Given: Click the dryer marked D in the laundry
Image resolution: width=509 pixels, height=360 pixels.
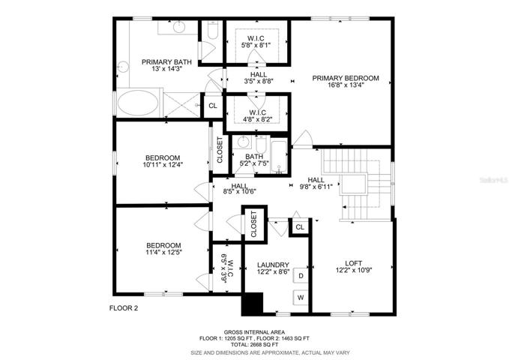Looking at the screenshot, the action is (x=301, y=276).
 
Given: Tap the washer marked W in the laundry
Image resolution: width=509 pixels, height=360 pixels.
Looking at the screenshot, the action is (x=301, y=298).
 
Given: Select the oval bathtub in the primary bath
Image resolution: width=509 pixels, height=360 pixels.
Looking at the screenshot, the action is (x=138, y=102).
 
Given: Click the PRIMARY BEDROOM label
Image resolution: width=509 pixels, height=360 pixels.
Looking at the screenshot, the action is (x=346, y=78).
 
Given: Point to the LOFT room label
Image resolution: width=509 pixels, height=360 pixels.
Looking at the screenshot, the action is (x=354, y=263).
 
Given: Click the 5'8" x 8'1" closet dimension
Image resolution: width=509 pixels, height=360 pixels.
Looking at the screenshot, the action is (x=256, y=45).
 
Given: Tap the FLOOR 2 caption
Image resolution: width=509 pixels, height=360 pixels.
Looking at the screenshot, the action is (x=124, y=308).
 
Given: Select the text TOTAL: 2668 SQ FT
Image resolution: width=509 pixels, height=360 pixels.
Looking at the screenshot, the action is (x=254, y=344).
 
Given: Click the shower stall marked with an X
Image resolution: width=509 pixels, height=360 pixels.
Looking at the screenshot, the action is (x=181, y=104).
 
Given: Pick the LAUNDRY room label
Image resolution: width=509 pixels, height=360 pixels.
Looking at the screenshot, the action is (x=273, y=265).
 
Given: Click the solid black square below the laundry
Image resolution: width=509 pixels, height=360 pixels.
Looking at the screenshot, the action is (x=252, y=304).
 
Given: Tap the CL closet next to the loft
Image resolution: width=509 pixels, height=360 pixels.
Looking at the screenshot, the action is (x=300, y=227).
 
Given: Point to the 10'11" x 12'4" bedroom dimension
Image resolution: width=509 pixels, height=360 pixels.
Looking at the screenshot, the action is (x=163, y=165).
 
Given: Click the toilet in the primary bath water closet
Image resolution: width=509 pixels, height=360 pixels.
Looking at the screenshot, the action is (x=213, y=31).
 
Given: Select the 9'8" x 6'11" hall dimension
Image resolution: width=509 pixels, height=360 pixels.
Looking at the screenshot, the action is (x=316, y=187).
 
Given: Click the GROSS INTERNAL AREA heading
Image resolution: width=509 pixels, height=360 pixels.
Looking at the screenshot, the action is (x=254, y=332).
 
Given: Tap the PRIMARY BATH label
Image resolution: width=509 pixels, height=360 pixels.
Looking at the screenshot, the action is (x=166, y=62).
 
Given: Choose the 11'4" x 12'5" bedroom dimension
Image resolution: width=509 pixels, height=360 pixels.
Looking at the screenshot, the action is (x=163, y=252).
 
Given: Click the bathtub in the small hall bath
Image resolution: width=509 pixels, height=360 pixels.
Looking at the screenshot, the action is (x=279, y=157).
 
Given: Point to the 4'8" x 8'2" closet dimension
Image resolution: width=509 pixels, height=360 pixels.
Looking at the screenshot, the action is (x=257, y=119).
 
